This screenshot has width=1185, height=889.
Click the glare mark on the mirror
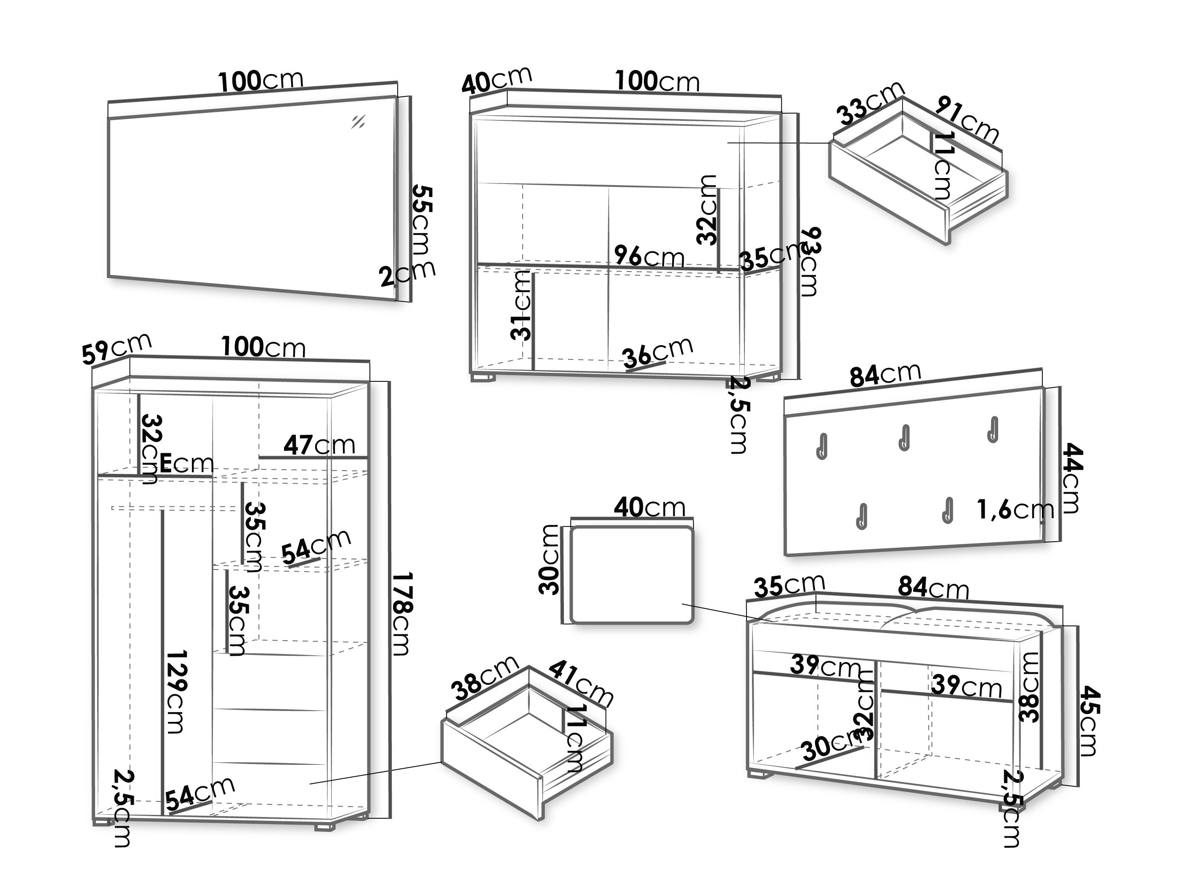pyautogui.click(x=358, y=122)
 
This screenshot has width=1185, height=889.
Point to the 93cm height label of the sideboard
pyautogui.click(x=810, y=261)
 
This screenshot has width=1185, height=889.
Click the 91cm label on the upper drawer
pyautogui.click(x=967, y=120)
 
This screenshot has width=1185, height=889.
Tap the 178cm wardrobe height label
pyautogui.click(x=402, y=614)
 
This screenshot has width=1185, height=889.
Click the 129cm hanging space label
pyautogui.click(x=176, y=691)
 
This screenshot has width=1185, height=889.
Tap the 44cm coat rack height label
pyautogui.click(x=1072, y=477)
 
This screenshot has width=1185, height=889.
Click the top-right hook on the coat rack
pyautogui.click(x=993, y=429)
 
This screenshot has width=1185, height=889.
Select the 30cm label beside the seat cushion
pyautogui.click(x=549, y=560)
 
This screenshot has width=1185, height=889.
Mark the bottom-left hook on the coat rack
pyautogui.click(x=862, y=516)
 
